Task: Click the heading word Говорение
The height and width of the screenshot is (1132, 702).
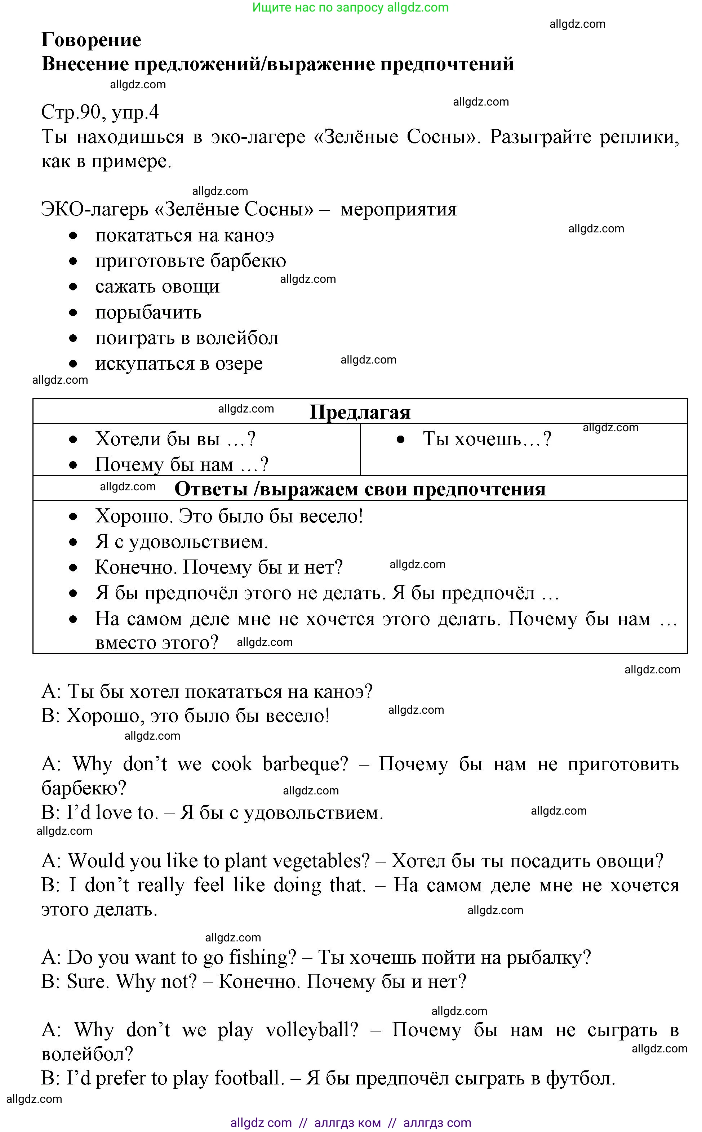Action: [x=91, y=40]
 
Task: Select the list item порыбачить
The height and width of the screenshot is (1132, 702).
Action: [x=148, y=313]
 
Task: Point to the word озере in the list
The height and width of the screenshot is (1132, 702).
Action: [x=238, y=364]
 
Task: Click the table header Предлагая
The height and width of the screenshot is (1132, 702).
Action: [x=360, y=412]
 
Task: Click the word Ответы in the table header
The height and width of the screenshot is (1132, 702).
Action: [x=211, y=489]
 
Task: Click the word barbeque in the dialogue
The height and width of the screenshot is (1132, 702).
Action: [x=305, y=764]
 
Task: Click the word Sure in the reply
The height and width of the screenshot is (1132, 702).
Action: [x=87, y=982]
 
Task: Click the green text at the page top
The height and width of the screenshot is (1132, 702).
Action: [x=351, y=8]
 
